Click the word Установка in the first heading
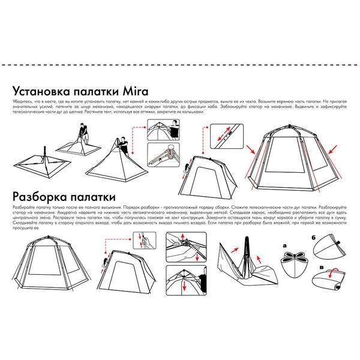(43, 92)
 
